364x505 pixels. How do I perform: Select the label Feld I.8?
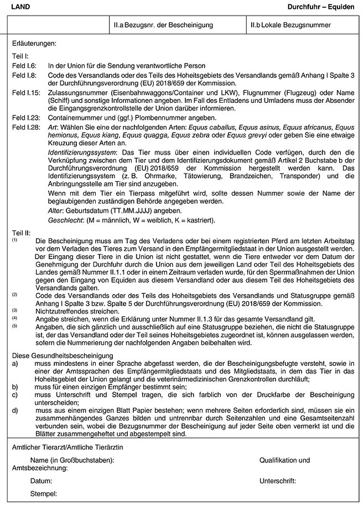[x=24, y=75]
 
